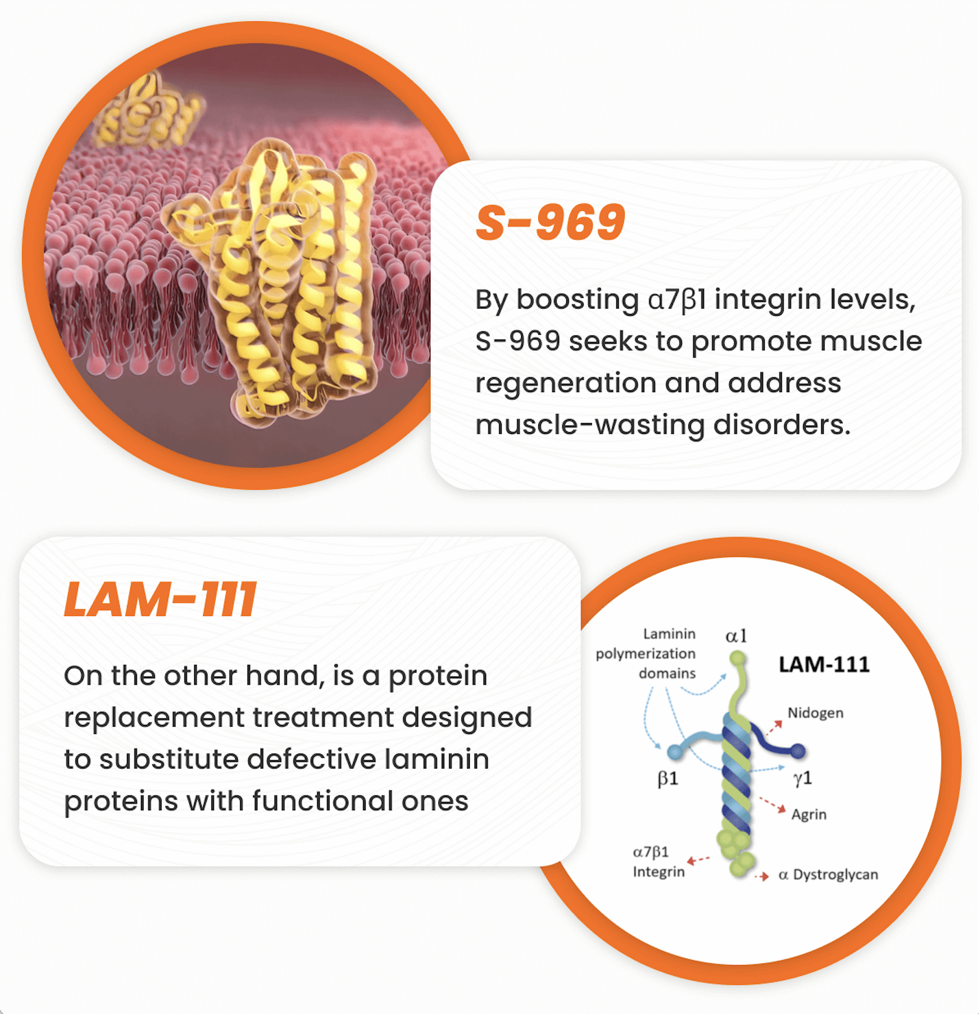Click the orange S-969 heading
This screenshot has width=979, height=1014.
pos(550,222)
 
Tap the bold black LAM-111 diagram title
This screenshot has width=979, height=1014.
pos(824,664)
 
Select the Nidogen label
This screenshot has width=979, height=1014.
pos(815,713)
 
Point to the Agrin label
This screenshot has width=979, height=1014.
pos(809,814)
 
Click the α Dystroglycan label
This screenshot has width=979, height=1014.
pos(828,875)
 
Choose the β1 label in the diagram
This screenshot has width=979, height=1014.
pos(668,779)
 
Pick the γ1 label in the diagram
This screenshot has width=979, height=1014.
pos(803,778)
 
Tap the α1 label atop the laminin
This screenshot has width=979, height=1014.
pos(736,636)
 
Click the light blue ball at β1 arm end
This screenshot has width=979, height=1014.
pos(675,752)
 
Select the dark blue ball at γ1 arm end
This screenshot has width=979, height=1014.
pos(798,751)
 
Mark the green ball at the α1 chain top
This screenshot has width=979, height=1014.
pos(738,659)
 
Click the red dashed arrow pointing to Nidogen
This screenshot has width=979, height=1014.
pos(774,727)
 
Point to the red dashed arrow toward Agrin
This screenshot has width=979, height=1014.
pos(772,804)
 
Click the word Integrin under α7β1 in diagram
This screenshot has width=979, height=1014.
pos(659,872)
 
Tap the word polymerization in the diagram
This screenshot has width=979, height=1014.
pos(646,654)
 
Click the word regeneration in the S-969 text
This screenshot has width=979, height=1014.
pos(566,384)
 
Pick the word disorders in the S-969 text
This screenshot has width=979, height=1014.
pos(782,425)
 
